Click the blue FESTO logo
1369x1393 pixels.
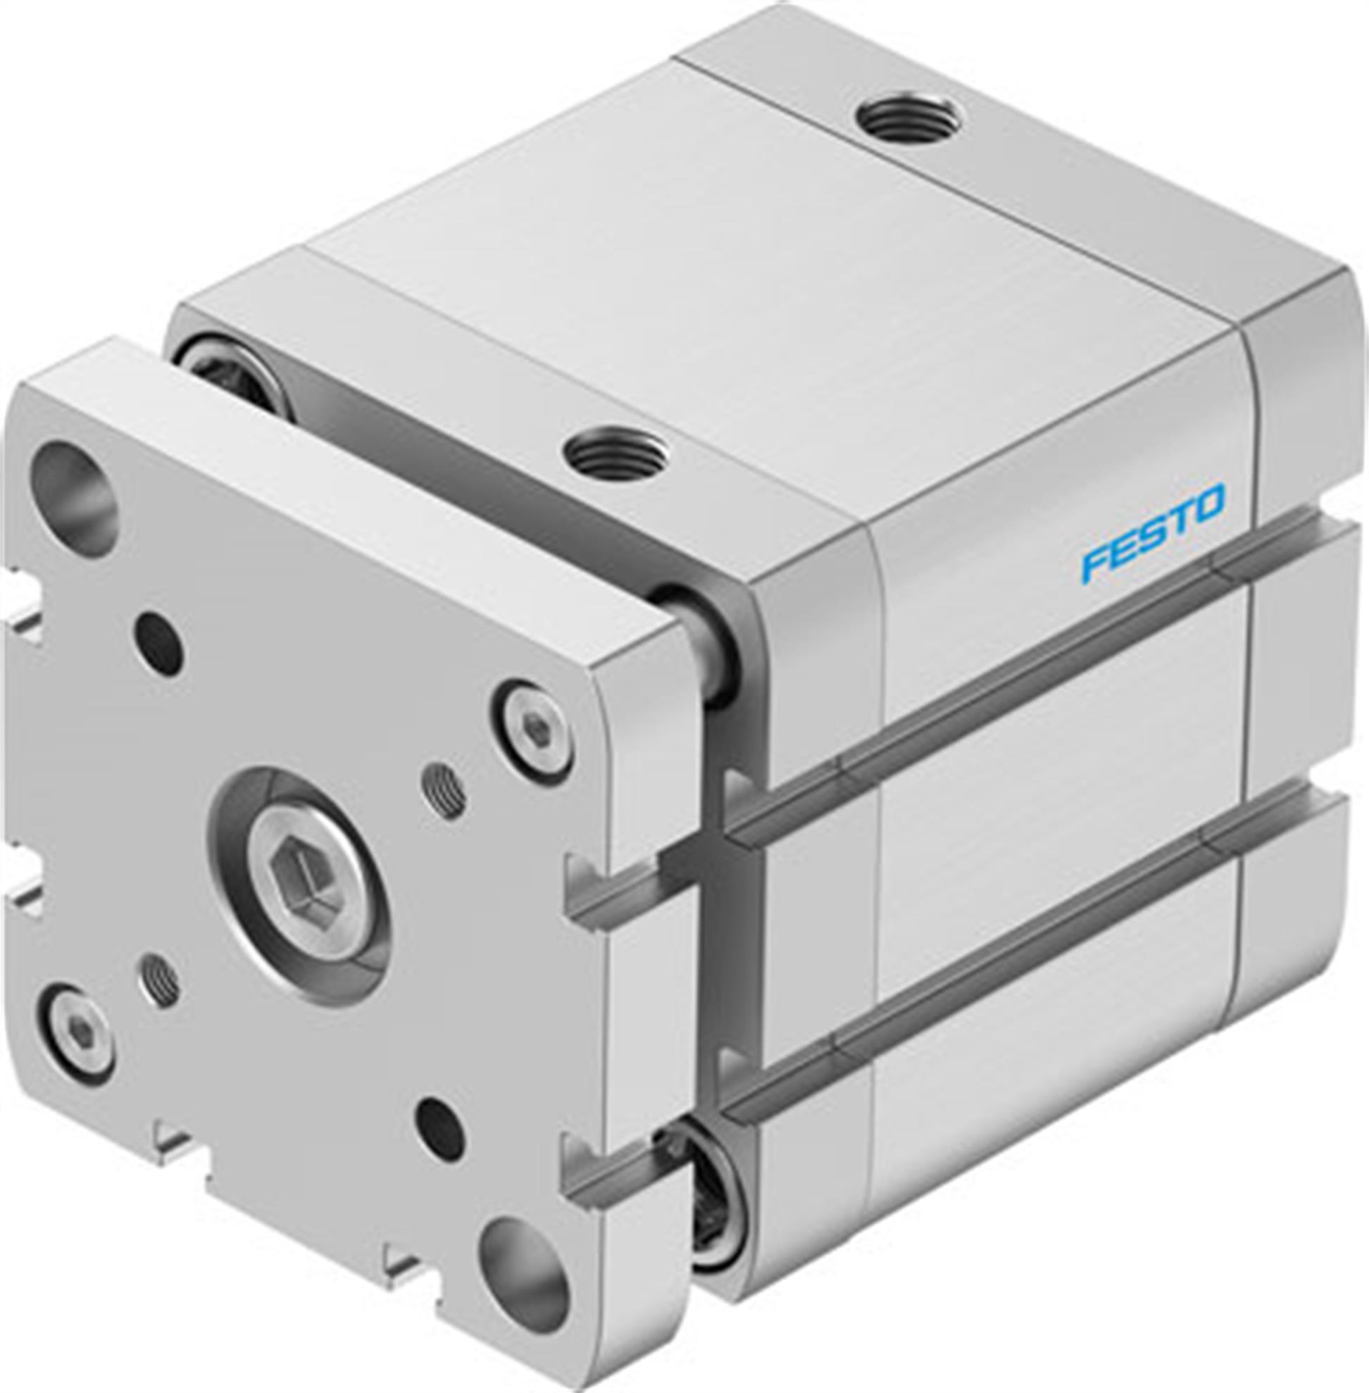[x=1153, y=532]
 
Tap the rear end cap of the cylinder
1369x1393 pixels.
[x=1301, y=647]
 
